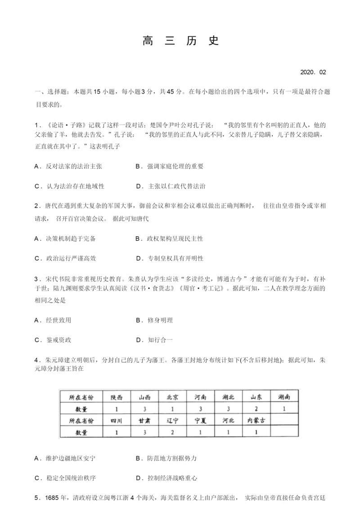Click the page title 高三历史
(x=180, y=41)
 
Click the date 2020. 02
(x=312, y=72)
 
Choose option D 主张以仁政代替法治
(x=171, y=186)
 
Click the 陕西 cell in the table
(x=116, y=397)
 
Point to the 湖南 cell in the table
(x=284, y=397)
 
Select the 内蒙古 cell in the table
(x=256, y=421)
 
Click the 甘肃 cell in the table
(x=144, y=421)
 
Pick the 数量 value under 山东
(x=256, y=409)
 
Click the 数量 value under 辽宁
(x=172, y=432)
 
